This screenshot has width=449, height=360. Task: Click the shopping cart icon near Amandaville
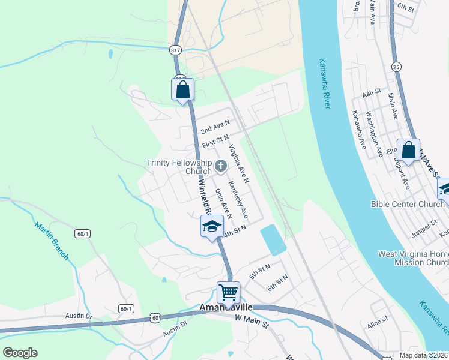(228, 293)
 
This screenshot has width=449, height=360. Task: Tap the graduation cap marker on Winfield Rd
(212, 226)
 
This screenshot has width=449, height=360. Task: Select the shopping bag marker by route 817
(183, 89)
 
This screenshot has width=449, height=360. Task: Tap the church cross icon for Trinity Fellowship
(220, 166)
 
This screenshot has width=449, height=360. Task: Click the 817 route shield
(175, 50)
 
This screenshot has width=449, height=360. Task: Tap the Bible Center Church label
(407, 204)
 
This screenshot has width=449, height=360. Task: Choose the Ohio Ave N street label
(223, 203)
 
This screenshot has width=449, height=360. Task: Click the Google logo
(20, 353)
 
